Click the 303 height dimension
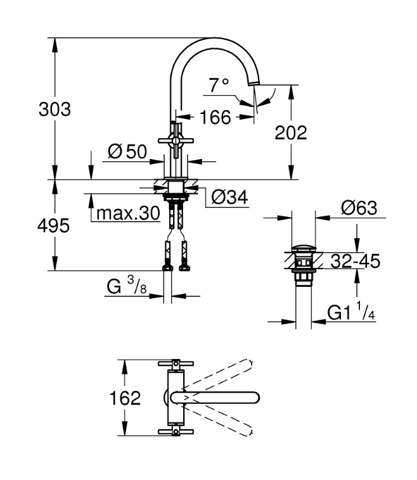coord(55,109)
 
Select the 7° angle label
coord(219,85)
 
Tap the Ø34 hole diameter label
coord(228,198)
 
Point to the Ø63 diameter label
coord(358,208)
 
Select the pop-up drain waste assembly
coord(304,263)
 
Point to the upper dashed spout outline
coord(219,374)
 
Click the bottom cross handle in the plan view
coord(174,432)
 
